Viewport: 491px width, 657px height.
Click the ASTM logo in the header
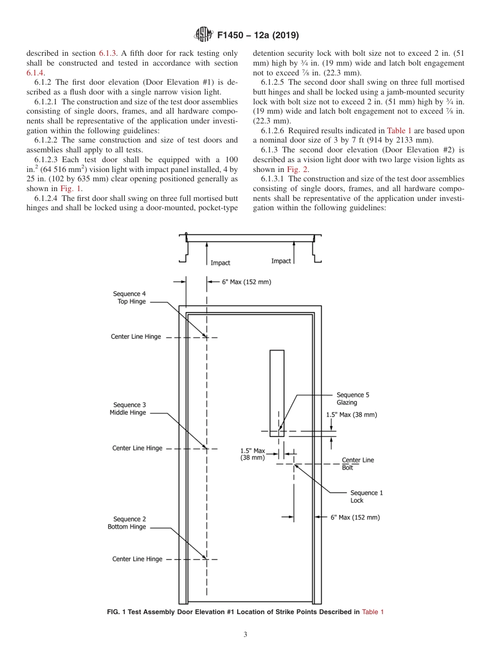[203, 35]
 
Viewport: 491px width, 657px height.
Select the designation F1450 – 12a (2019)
[258, 36]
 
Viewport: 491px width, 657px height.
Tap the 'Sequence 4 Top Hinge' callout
[129, 298]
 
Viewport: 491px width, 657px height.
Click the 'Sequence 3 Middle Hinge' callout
[127, 409]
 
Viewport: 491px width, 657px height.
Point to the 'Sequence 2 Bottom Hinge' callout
[127, 523]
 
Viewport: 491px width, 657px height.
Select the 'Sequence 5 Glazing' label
[352, 399]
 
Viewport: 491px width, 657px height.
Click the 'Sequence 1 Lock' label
[366, 496]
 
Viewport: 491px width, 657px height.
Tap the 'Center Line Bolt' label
[358, 464]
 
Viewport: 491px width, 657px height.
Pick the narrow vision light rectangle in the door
[277, 393]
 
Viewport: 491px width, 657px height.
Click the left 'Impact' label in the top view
[220, 263]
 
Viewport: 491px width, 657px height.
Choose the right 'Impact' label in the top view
[281, 261]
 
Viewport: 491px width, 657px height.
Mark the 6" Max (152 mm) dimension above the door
[246, 282]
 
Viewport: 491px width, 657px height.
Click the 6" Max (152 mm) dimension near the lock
[355, 518]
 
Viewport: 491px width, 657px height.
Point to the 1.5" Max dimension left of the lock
[253, 454]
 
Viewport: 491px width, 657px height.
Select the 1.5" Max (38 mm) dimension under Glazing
[351, 415]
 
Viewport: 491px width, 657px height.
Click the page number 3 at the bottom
[245, 635]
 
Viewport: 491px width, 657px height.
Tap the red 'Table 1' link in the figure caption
[373, 612]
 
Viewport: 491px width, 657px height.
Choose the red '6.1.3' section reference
[108, 53]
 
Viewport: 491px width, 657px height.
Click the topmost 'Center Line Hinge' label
[136, 337]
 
